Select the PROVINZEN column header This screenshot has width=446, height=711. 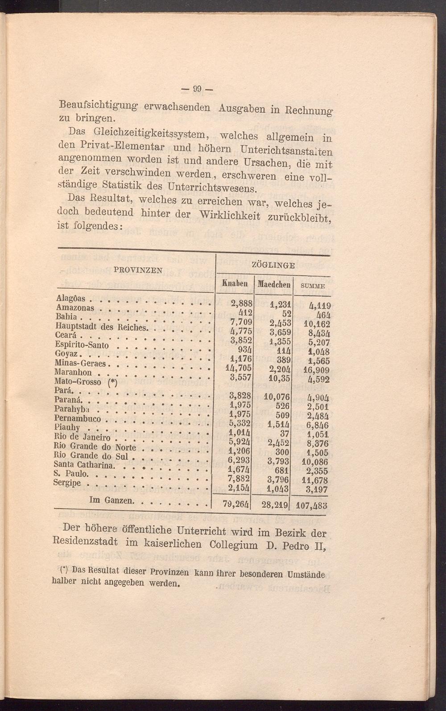138,270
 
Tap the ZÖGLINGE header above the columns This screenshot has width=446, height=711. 273,265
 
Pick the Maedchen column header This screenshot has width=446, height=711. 273,284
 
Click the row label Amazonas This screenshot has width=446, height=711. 75,308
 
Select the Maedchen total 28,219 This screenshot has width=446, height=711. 274,505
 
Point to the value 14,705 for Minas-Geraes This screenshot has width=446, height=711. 240,368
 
